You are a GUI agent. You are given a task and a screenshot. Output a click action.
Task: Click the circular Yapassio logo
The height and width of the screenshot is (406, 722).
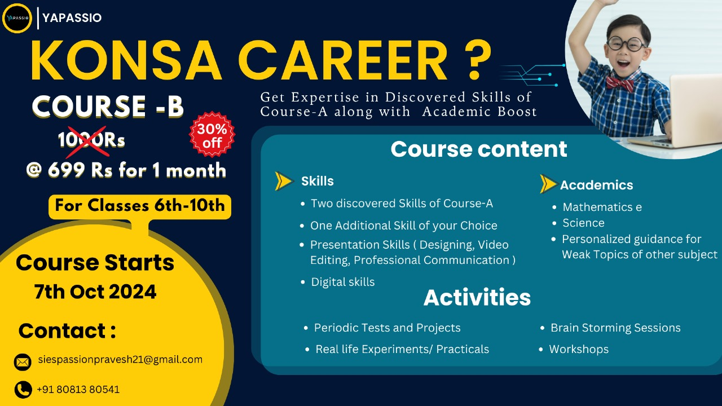pos(17,18)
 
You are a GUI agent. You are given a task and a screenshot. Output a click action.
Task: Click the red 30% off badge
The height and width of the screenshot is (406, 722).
pos(212,135)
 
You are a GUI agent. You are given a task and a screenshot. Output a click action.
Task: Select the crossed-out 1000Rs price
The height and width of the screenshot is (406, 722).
pos(91,140)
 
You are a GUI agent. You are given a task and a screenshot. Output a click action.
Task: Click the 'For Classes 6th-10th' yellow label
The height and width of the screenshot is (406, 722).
pos(140,206)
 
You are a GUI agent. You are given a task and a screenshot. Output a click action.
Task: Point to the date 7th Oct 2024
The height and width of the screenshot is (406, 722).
pos(95,292)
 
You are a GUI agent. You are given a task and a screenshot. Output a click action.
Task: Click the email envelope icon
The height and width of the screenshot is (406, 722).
pos(23,362)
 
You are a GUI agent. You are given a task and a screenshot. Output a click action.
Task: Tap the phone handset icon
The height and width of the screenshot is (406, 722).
pos(23,390)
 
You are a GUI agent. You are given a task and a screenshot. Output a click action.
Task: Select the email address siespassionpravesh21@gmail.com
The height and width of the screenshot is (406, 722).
pos(120,360)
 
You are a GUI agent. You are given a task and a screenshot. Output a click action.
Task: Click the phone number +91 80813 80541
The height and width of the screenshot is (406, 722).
pos(78,390)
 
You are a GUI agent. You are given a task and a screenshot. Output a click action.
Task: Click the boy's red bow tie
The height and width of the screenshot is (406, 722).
pos(620,83)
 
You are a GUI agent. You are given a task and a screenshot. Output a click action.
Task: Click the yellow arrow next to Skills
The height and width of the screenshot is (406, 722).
pos(284,181)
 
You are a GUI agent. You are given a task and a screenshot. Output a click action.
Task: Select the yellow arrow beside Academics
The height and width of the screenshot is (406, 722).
pos(548,184)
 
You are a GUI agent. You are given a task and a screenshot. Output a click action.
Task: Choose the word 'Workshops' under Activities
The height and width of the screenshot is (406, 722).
pos(579,349)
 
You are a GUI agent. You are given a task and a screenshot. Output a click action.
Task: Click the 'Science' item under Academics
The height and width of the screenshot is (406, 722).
pos(583,223)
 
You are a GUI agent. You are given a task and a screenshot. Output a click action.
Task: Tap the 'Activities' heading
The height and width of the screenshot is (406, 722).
pos(477,297)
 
